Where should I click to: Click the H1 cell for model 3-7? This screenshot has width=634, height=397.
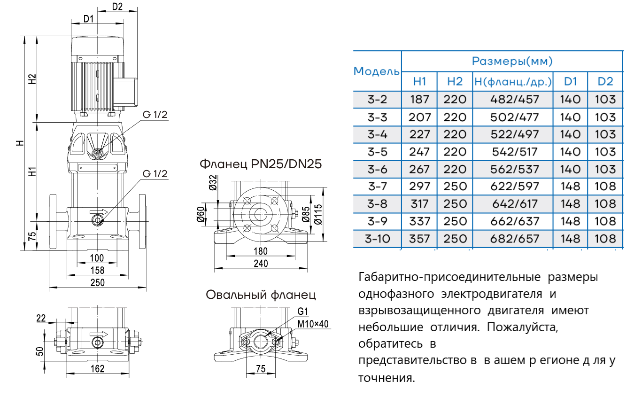[x=419, y=187]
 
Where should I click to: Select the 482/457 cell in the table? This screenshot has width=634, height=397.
[x=514, y=100]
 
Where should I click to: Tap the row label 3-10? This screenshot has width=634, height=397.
[x=377, y=239]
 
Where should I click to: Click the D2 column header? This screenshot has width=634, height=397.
[x=605, y=81]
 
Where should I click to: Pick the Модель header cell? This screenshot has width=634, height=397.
[x=377, y=71]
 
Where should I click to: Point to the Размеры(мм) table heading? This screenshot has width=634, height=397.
[x=512, y=61]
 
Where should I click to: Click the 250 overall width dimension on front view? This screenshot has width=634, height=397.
[x=98, y=282]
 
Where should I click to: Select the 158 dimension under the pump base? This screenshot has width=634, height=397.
[x=97, y=271]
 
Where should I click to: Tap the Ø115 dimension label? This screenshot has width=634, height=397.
[x=319, y=213]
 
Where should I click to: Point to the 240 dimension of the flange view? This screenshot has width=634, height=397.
[x=260, y=264]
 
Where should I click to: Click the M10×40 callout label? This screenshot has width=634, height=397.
[x=313, y=324]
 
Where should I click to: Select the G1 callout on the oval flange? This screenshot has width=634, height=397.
[x=302, y=311]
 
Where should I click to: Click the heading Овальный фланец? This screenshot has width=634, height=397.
[x=261, y=295]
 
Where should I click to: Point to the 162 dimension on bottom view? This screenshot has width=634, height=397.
[x=97, y=369]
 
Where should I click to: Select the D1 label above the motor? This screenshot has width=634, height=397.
[x=89, y=19]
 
